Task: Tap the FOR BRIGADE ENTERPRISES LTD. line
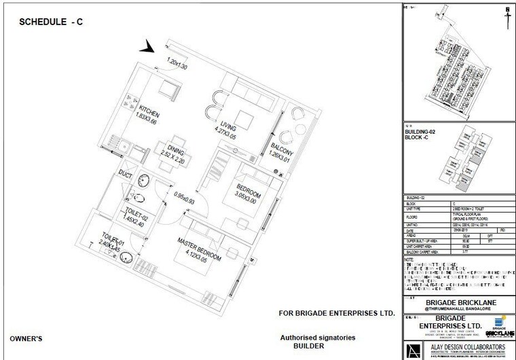pos(337,314)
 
